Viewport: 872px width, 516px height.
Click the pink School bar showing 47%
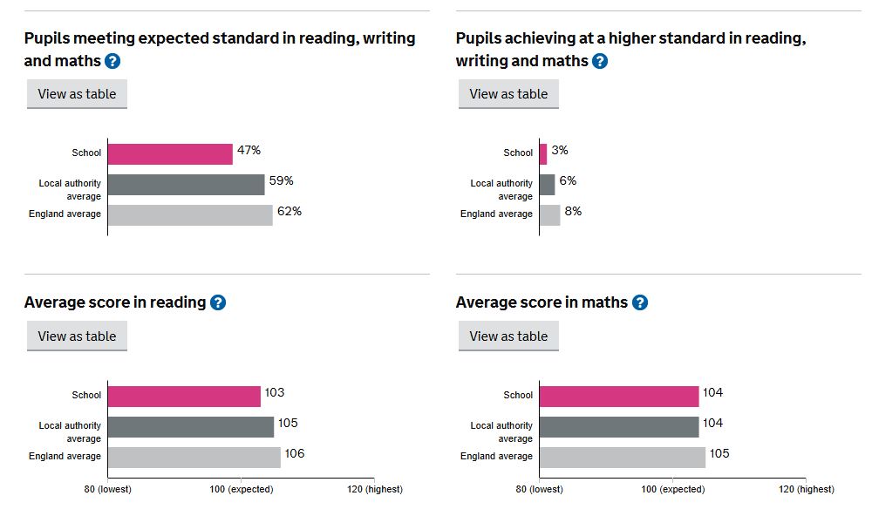[x=170, y=154]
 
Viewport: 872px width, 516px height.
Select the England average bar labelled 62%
[x=190, y=215]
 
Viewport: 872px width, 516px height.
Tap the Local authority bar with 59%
[x=187, y=185]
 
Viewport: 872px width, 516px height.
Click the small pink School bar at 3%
[x=543, y=154]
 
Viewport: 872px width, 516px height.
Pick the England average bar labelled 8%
[x=550, y=215]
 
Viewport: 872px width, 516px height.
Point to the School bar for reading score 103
[x=184, y=397]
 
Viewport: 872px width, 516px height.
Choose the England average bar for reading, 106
[x=194, y=458]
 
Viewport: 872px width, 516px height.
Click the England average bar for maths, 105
[x=623, y=458]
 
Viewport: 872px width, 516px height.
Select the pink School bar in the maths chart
[x=619, y=397]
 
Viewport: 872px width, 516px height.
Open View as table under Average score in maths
[x=508, y=336]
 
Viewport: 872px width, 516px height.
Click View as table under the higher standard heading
[x=508, y=94]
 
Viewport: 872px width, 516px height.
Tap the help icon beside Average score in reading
[x=218, y=302]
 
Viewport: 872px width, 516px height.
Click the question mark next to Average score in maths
[x=640, y=302]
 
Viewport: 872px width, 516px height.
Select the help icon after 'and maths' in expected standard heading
[x=112, y=61]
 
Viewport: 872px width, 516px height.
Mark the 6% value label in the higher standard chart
[x=568, y=180]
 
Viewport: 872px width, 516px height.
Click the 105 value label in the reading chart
[x=288, y=423]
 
